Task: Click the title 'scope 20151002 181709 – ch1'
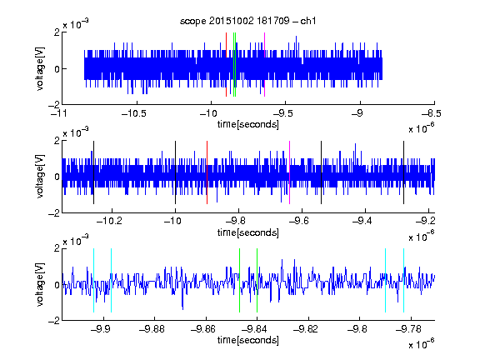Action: (247, 21)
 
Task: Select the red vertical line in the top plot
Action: (226, 65)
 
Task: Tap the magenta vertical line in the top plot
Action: (264, 65)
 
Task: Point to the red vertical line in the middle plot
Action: (207, 172)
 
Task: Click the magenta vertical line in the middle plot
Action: (290, 172)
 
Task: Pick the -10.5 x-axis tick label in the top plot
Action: (134, 114)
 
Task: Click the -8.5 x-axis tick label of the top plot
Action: (432, 114)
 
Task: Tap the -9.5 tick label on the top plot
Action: (282, 114)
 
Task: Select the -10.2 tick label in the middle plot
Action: (109, 221)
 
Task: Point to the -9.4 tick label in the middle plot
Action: (362, 221)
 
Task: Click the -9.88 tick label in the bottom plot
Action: (152, 329)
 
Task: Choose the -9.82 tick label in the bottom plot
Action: (306, 329)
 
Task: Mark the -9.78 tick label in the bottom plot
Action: (408, 329)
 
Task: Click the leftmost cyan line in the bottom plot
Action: (93, 280)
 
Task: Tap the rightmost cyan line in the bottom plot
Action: (403, 280)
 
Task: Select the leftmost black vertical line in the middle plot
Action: (93, 172)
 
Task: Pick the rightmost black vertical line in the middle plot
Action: (403, 172)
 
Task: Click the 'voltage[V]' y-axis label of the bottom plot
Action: (40, 284)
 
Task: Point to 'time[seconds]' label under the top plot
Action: (248, 124)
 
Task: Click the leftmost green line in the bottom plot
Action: (239, 280)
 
